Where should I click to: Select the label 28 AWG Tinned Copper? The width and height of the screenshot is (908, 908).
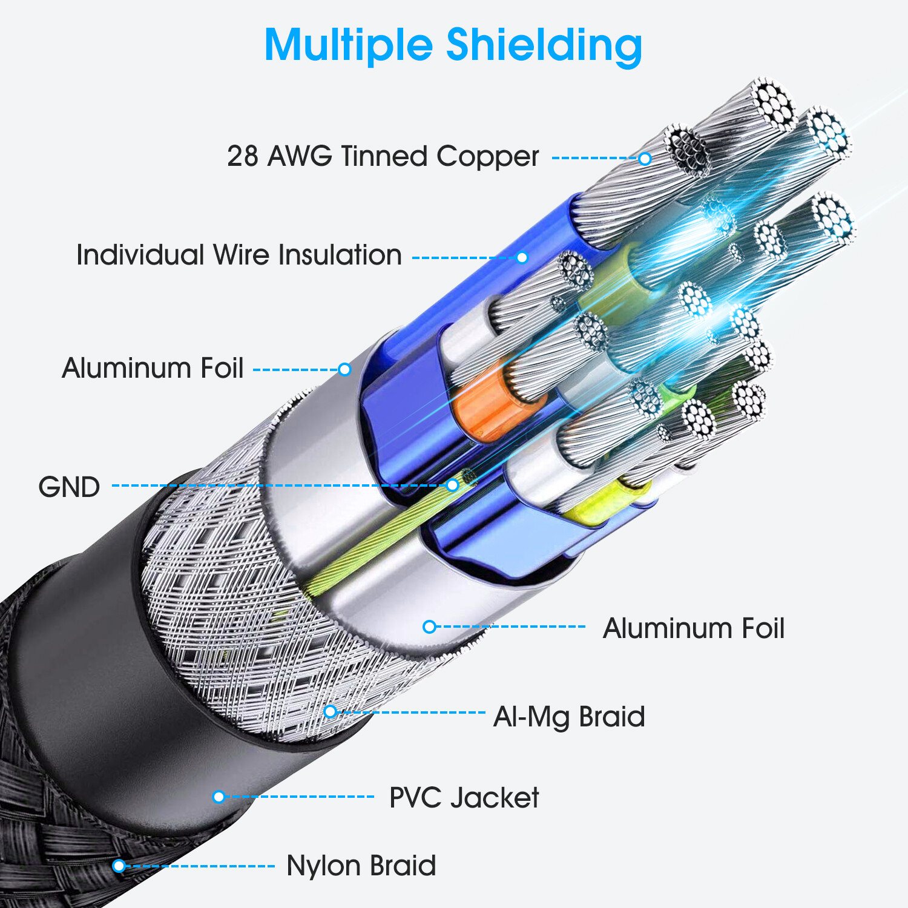(383, 156)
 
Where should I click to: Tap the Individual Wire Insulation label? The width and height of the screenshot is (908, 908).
(239, 255)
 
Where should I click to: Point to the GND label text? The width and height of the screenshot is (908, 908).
(69, 487)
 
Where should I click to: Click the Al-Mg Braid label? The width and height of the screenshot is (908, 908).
(569, 717)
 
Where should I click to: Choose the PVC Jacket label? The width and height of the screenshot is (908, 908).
(464, 798)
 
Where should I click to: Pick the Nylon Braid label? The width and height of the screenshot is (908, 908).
(361, 866)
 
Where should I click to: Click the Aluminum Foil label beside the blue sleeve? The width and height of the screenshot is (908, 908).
(153, 368)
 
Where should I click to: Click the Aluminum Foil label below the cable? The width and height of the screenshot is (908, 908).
(694, 628)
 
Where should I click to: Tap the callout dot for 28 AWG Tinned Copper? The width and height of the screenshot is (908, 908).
(645, 159)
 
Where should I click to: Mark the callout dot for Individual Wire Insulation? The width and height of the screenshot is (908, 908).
(522, 257)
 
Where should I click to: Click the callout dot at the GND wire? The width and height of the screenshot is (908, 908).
(452, 485)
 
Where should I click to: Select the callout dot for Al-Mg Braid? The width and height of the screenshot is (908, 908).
(330, 711)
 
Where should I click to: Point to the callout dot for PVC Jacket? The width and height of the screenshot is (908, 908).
(219, 797)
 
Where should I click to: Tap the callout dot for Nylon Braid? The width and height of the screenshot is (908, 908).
(119, 866)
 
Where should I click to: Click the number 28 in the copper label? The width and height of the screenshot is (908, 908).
(243, 156)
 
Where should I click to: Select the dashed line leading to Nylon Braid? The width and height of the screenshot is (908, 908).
(200, 866)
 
